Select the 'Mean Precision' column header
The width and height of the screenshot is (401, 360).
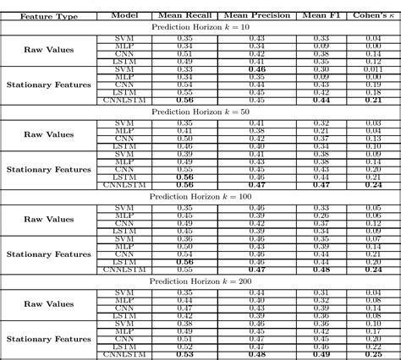257,15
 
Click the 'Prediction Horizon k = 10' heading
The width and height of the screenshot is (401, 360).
200,27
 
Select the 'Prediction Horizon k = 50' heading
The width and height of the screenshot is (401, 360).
200,112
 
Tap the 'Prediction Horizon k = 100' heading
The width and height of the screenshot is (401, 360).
200,196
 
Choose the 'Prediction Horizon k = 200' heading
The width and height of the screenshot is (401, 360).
200,281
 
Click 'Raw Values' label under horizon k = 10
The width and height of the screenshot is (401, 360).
48,50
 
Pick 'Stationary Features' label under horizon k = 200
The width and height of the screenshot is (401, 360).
48,338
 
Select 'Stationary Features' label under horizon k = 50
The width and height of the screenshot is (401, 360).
48,169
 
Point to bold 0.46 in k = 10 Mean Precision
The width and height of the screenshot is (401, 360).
257,69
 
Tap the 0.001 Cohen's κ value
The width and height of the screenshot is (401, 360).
373,69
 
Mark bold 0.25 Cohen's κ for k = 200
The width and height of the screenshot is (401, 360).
373,353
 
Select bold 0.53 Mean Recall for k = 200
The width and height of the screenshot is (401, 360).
184,353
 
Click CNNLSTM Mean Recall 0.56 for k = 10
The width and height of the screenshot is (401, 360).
184,100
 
